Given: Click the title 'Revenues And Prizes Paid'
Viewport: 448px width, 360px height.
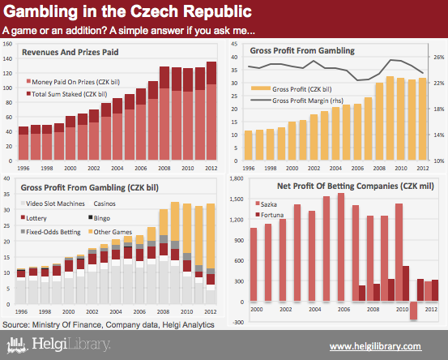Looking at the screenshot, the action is click(x=70, y=53).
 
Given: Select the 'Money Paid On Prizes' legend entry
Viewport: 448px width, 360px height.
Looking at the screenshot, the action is click(x=73, y=82).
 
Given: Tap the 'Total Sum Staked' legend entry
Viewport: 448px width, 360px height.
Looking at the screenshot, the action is click(x=67, y=94).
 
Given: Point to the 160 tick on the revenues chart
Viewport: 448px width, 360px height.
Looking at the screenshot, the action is click(x=8, y=44).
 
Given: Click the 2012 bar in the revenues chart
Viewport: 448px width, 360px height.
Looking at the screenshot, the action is click(x=211, y=110).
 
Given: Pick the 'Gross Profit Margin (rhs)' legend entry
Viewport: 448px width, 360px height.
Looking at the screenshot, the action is click(x=297, y=101).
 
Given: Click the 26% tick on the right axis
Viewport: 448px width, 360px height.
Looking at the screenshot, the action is click(x=439, y=58).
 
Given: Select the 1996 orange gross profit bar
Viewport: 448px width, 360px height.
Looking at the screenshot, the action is click(x=248, y=145).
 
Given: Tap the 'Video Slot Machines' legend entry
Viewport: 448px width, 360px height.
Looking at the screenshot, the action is click(x=53, y=204).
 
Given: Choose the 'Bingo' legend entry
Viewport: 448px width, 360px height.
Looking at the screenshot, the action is click(x=99, y=218).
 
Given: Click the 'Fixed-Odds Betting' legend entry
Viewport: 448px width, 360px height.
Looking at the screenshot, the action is click(x=51, y=232).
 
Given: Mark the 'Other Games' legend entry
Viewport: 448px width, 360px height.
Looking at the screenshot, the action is click(x=110, y=232).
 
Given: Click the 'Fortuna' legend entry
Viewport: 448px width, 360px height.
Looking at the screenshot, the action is click(x=270, y=215).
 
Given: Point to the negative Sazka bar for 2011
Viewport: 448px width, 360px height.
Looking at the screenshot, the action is click(x=413, y=311).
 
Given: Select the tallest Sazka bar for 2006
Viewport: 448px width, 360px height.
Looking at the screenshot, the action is click(x=341, y=247).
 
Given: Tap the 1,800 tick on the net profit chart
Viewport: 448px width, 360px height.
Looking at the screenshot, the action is click(x=237, y=178).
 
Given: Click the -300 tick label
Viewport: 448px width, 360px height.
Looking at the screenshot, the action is click(x=238, y=322).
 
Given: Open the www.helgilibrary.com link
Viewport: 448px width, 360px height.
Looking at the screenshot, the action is click(x=375, y=346).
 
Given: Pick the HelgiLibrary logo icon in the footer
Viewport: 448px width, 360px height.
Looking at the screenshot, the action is click(x=18, y=345).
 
